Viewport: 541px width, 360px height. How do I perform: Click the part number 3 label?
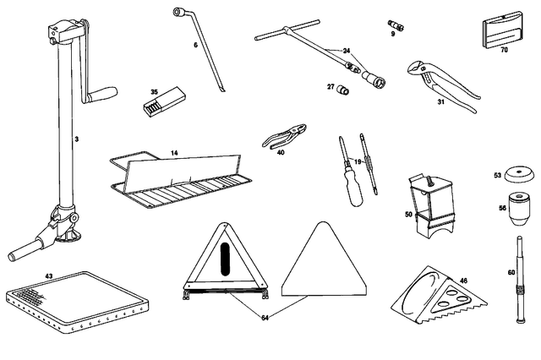click(x=77, y=139)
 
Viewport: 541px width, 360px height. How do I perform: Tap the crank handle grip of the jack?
click(x=102, y=94)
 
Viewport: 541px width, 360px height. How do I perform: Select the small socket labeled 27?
click(x=344, y=90)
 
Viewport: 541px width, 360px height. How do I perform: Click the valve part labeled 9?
click(x=396, y=25)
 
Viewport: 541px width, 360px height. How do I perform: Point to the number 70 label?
click(x=504, y=50)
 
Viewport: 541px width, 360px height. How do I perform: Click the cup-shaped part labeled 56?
click(x=520, y=209)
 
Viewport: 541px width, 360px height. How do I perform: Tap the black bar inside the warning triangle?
click(x=225, y=259)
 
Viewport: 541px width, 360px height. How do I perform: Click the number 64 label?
click(x=265, y=318)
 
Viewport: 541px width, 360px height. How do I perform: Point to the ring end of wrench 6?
click(x=178, y=13)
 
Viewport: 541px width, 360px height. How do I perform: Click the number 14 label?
click(x=175, y=153)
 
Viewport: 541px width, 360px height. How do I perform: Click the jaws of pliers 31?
click(x=417, y=68)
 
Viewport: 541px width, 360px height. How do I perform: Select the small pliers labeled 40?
click(x=284, y=136)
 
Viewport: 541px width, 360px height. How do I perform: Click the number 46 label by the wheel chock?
click(x=463, y=281)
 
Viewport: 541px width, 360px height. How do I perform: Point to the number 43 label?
click(x=49, y=276)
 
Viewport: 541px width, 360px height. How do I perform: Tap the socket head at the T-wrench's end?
click(x=374, y=79)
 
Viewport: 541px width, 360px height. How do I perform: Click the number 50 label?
click(x=408, y=215)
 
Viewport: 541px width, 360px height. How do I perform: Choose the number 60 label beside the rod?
click(x=511, y=272)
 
